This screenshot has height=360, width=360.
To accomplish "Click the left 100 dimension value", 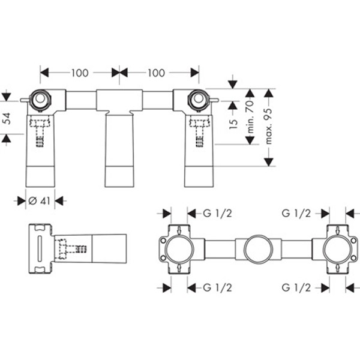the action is point(80,73).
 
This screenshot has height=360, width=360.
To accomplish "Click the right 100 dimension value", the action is point(156,73).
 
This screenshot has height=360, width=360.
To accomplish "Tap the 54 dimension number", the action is point(8,118).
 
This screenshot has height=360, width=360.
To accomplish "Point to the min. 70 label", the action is point(250,116).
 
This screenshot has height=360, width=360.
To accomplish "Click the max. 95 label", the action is point(268,126).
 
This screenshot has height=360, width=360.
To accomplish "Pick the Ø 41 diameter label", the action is point(39,201).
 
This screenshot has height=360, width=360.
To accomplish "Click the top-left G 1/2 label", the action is point(217,214).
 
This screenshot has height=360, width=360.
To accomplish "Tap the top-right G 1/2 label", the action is point(296,214).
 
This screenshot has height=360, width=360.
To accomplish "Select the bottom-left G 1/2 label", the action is point(217,287).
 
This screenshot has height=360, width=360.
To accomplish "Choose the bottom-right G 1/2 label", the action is point(296,287).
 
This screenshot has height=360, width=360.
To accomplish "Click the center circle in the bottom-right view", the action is point(258,250).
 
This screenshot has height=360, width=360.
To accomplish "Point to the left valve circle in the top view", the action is point(40,100).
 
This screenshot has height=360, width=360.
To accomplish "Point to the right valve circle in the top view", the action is point(198,100).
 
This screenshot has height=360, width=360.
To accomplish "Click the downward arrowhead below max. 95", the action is point(268,162).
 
